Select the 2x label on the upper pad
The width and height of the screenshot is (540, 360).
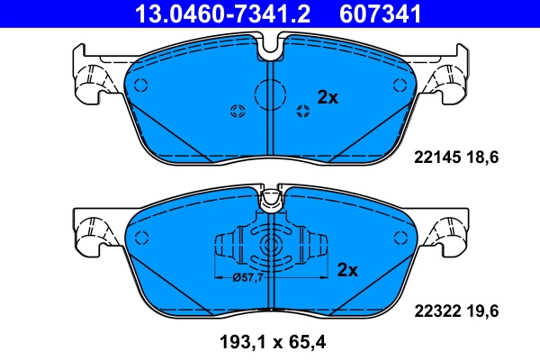click(x=327, y=98)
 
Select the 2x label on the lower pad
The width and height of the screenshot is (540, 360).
click(x=347, y=269)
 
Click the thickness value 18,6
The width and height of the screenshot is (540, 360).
click(x=481, y=157)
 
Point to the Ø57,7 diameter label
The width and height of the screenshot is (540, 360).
click(x=247, y=277)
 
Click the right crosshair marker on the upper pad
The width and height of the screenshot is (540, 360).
click(x=302, y=111)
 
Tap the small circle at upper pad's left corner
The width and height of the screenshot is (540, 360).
click(x=140, y=85)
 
